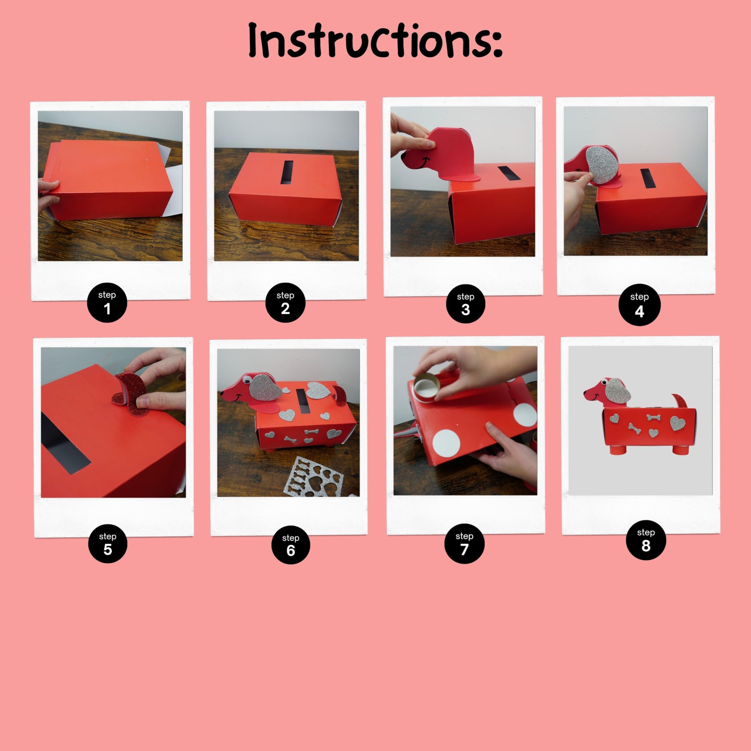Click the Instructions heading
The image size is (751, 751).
(x=375, y=41)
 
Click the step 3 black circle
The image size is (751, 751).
(x=465, y=304)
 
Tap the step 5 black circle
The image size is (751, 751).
(x=108, y=543)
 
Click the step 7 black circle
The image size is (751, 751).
(x=464, y=543)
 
